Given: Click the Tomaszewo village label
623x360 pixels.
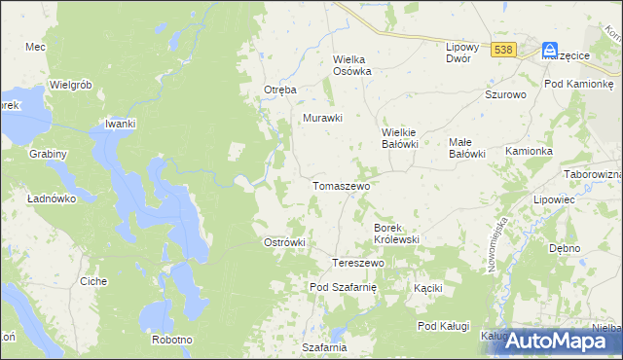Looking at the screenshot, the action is tap(340, 184).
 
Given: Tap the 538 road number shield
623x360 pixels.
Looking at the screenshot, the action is tap(503, 50).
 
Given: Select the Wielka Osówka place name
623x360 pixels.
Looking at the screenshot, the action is tap(353, 64).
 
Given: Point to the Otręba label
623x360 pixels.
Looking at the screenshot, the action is tap(279, 90).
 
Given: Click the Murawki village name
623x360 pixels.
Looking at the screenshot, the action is tap(323, 118).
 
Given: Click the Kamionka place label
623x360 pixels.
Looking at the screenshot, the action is tap(530, 152).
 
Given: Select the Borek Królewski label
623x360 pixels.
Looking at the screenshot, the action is tap(396, 233).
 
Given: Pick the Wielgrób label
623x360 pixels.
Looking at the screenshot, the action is tap(70, 85).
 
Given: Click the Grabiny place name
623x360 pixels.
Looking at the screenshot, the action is tap(48, 154).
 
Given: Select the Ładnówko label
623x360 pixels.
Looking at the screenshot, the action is tap(53, 198).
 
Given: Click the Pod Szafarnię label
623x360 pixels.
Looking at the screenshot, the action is tap(348, 287).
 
